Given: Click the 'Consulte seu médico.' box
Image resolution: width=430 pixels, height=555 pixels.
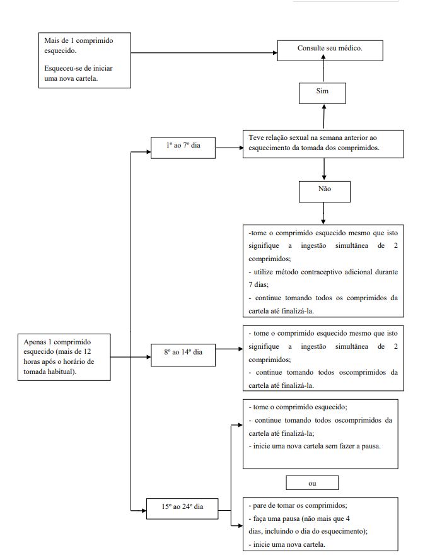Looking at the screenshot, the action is pos(330,50).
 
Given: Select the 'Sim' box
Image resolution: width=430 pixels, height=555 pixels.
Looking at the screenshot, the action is pos(322,93).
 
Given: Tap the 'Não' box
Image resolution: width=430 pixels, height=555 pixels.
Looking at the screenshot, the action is pos(325,192).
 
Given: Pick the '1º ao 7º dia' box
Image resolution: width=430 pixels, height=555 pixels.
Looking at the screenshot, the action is pos(183,148).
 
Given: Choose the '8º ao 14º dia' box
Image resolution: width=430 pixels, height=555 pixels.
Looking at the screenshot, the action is pos(183,354).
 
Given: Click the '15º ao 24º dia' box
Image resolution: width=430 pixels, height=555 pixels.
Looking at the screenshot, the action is pos(182,508).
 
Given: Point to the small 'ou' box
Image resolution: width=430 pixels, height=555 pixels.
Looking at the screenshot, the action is pos(312,483).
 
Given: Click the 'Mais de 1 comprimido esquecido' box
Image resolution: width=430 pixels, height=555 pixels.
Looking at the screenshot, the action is pos(84,60).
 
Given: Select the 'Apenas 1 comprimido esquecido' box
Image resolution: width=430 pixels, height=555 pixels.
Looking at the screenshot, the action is pos(64,357).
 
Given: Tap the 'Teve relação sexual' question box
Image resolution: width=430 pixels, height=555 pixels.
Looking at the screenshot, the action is pos(323,144).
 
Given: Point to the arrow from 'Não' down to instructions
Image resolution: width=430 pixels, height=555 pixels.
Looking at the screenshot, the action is pos(323,213).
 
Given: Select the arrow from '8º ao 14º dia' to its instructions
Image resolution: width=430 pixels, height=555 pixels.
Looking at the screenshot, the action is pos(229,349).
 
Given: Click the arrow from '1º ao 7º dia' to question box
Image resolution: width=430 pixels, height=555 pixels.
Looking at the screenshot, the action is pos(230,148).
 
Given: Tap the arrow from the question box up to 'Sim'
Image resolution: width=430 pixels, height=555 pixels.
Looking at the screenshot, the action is pos(324,117).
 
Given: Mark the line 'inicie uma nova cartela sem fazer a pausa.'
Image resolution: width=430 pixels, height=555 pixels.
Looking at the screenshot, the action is pos(317,447).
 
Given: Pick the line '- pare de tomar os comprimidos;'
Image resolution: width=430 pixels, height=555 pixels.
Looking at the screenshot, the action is pos(298,505).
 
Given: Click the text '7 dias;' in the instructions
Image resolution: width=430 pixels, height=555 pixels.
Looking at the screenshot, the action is pos(259,284).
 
